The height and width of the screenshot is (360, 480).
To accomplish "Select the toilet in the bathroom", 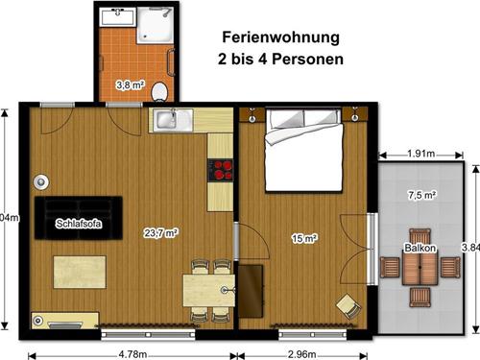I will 159,90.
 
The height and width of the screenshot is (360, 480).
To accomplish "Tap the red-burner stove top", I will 222,170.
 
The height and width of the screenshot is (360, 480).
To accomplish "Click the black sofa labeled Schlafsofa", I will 79,218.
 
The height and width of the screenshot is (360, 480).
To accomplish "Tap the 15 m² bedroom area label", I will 303,238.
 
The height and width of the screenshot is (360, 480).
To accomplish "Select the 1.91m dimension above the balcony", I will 421,154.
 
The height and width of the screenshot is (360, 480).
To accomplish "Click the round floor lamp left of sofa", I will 41,181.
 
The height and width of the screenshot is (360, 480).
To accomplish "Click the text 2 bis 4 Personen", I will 281,60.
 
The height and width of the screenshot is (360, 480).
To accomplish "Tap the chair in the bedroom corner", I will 347,305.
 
